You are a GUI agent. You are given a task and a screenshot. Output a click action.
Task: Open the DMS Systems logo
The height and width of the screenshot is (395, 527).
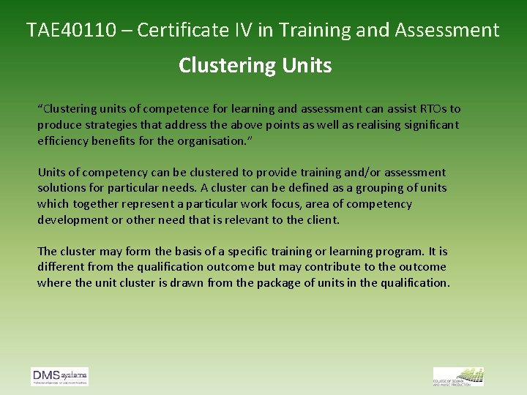(59, 377)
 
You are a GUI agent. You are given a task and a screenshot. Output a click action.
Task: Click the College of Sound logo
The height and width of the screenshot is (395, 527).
(458, 377)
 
